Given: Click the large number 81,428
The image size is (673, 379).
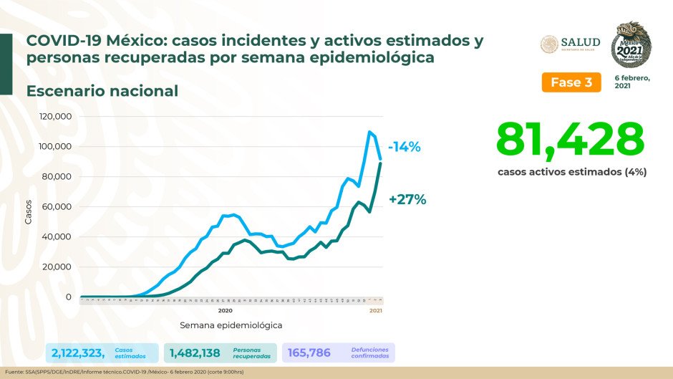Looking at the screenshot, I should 570,139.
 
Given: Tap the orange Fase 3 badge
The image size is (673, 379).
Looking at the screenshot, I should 571,82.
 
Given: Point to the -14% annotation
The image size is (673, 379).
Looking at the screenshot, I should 405,147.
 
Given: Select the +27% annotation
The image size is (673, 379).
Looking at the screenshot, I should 407,200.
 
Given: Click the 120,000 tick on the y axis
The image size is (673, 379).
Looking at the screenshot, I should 54,117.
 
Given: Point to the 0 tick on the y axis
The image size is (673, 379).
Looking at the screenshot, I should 68,297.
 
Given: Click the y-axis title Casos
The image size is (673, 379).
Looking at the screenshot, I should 29,211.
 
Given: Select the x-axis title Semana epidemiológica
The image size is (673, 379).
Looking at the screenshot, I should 231,325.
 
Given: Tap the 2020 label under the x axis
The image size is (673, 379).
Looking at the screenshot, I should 225,311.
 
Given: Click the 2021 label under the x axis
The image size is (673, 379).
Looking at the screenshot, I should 375,311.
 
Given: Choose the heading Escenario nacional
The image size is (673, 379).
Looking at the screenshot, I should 102,91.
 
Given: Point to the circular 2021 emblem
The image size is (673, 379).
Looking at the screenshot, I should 631,44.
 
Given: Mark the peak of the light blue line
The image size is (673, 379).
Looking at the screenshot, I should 369,132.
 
